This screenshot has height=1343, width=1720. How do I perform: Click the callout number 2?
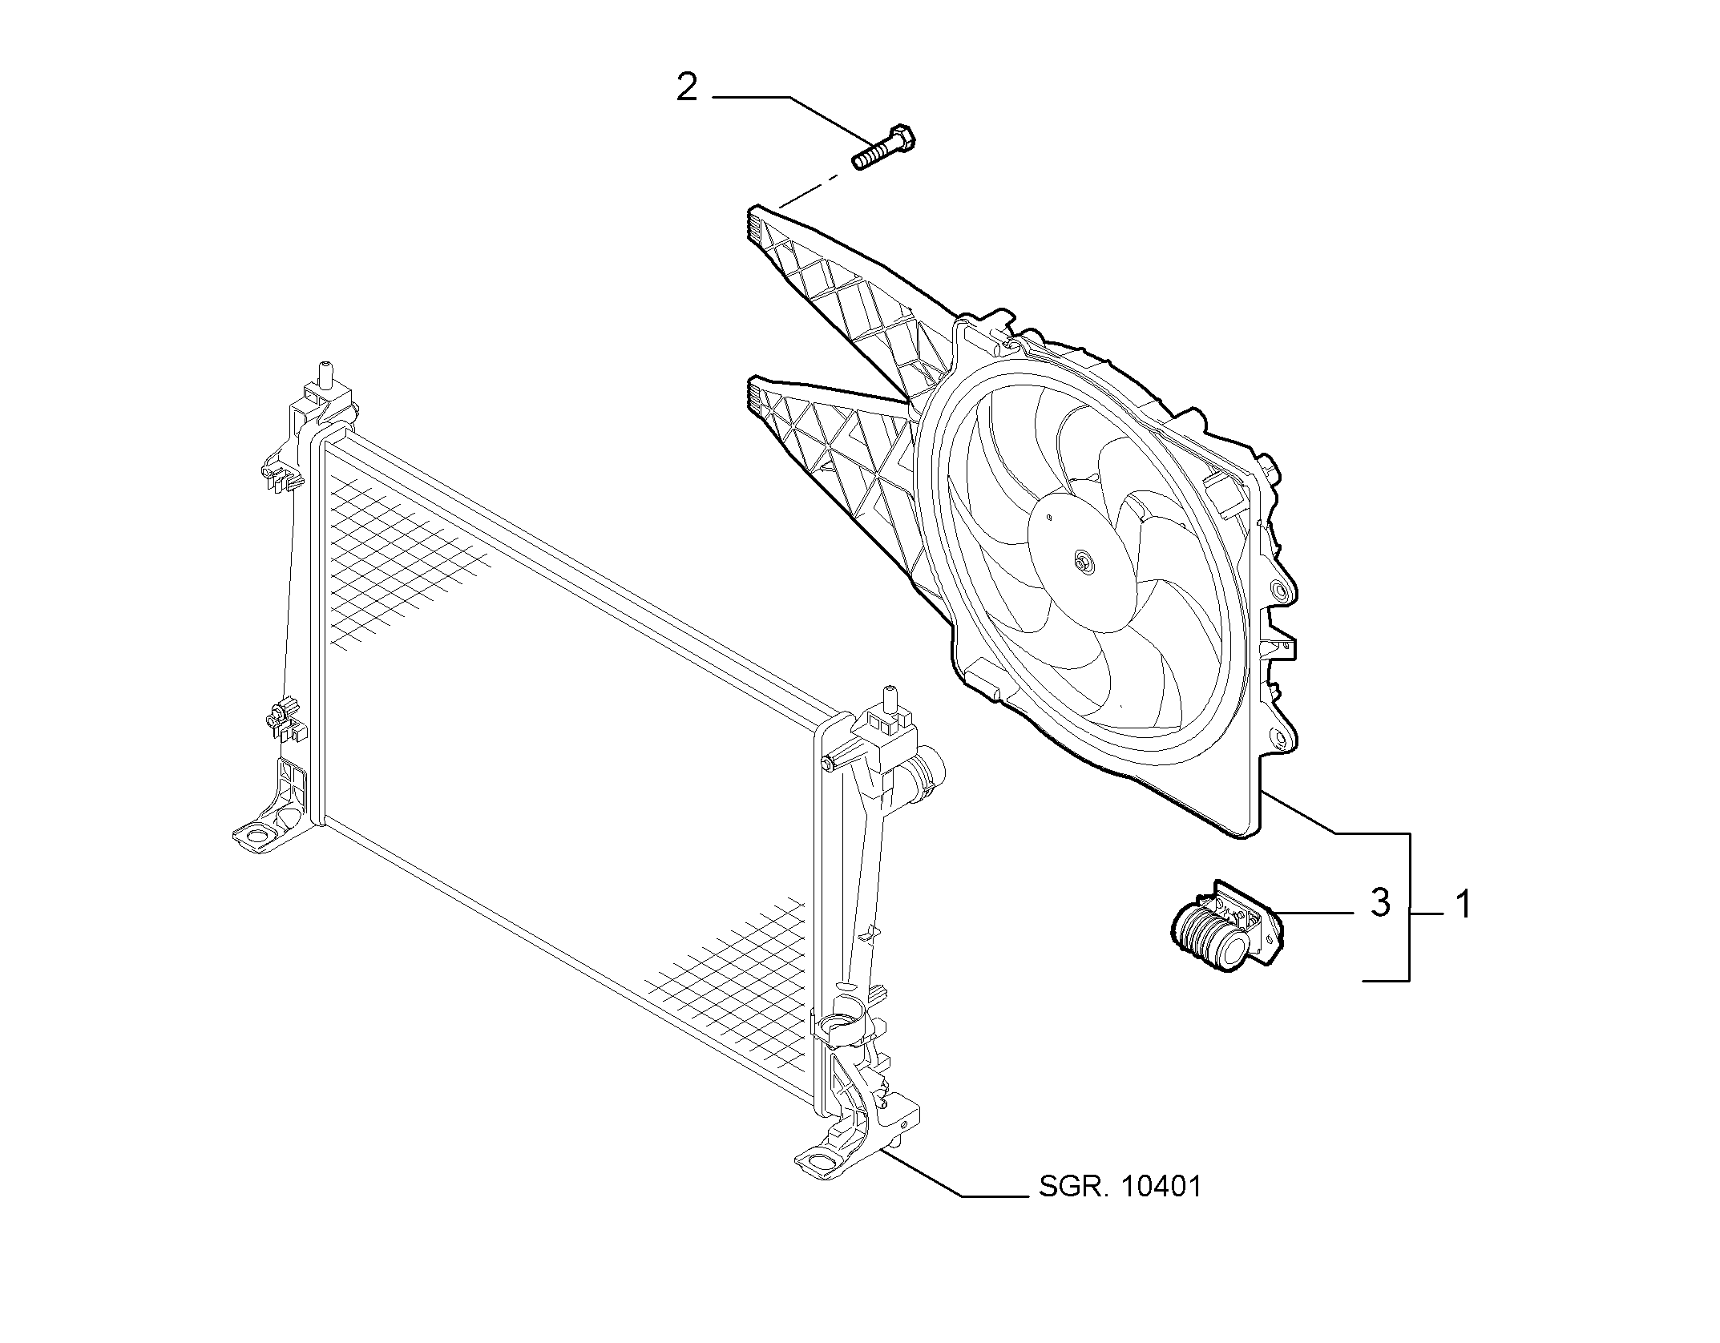687,87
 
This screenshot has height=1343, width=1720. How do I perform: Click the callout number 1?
1464,905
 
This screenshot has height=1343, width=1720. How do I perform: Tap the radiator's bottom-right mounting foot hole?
818,1160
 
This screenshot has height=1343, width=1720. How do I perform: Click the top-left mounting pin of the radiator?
325,375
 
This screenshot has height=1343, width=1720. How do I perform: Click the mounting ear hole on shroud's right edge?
1281,592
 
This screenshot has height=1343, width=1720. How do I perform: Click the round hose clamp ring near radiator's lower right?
838,1027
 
